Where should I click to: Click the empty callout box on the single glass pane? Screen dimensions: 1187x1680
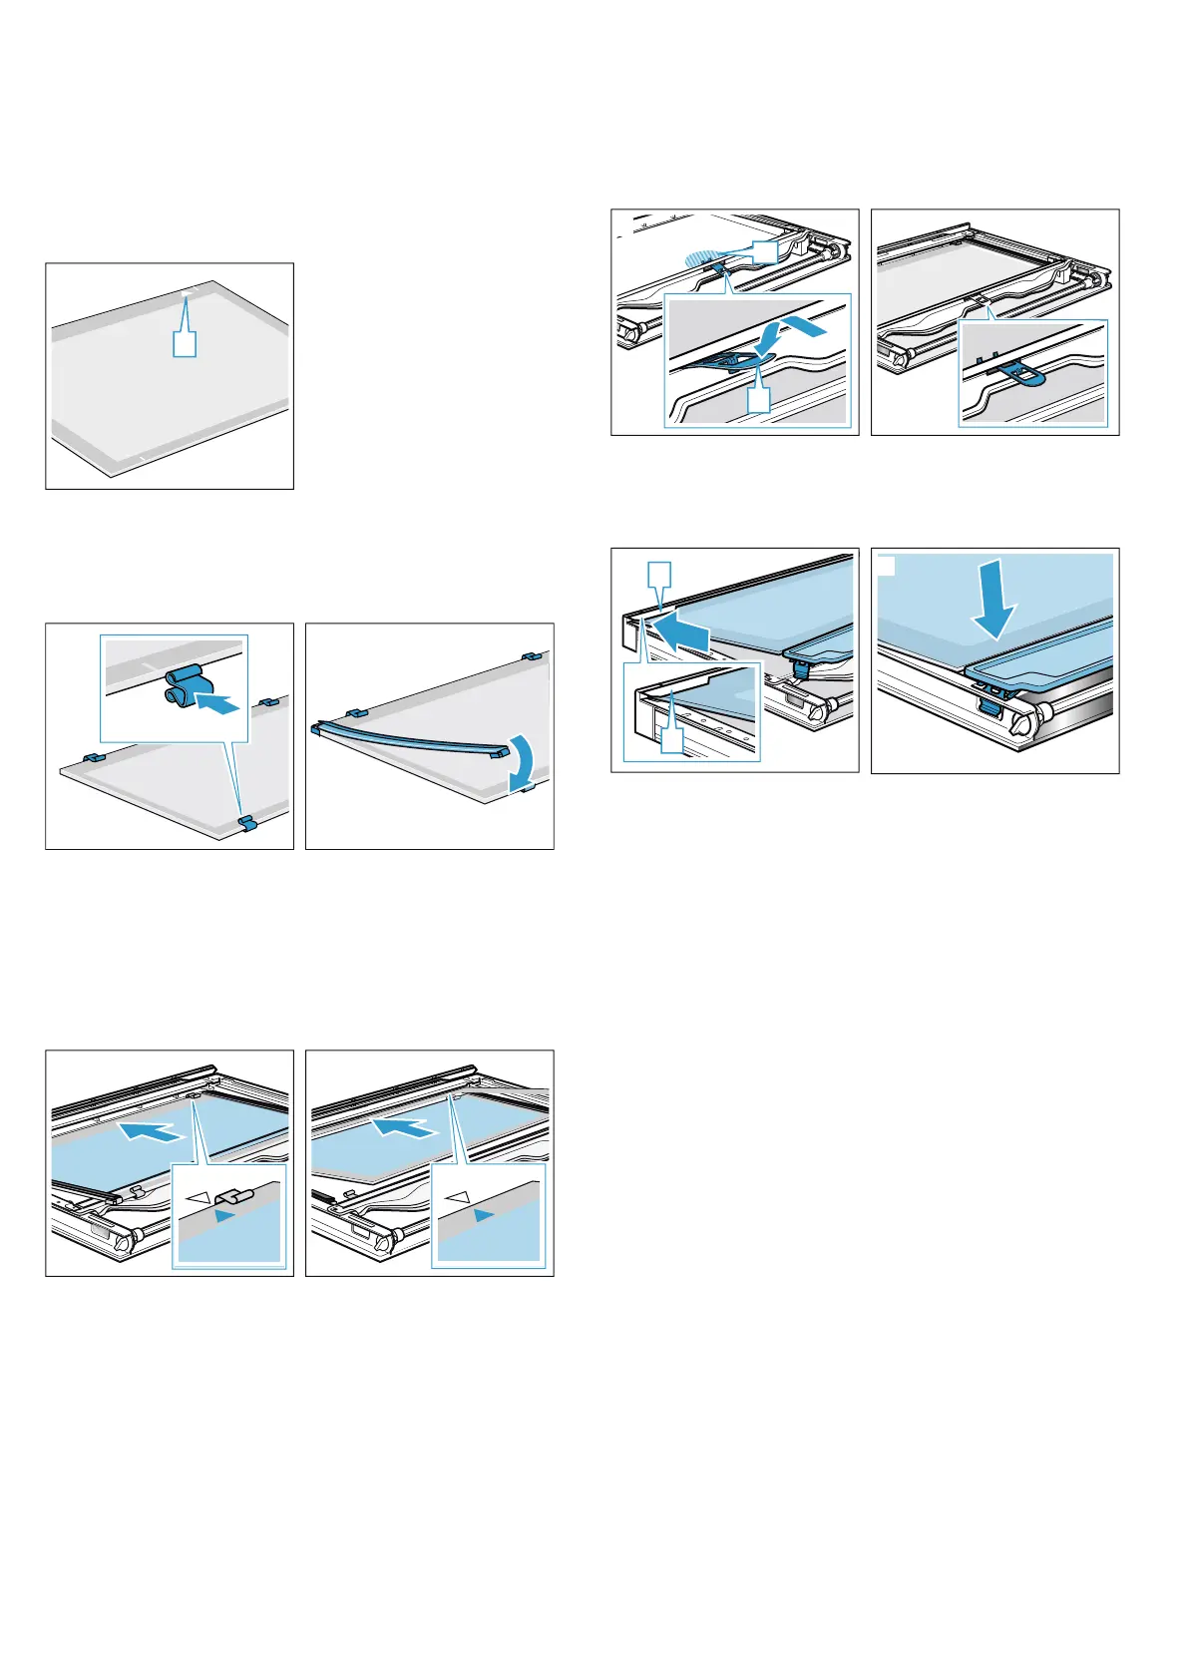click(x=185, y=343)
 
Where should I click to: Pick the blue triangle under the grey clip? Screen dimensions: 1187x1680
click(x=225, y=1216)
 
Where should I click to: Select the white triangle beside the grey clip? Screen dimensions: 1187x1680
click(x=200, y=1196)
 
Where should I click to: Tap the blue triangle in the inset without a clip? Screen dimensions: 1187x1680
click(x=484, y=1215)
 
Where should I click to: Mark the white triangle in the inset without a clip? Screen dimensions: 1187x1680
click(x=458, y=1195)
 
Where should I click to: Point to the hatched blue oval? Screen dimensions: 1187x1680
click(x=705, y=257)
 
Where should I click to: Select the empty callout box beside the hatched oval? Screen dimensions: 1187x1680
click(x=764, y=252)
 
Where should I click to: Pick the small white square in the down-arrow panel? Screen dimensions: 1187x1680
click(x=887, y=566)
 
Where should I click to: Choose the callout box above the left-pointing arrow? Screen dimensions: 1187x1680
click(x=659, y=576)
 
